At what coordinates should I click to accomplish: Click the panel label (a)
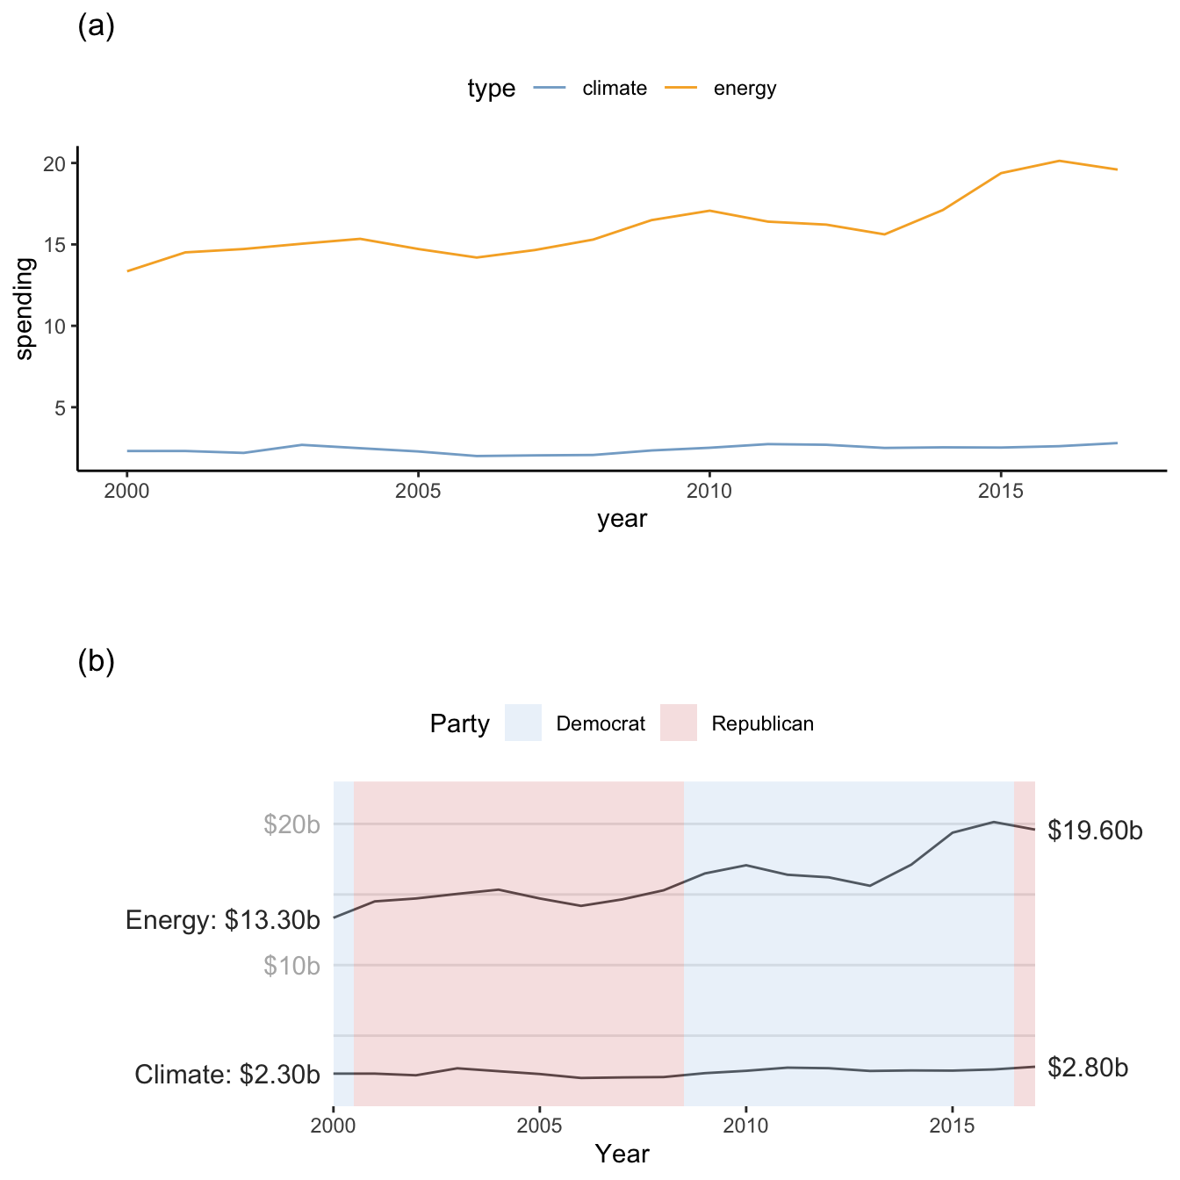click(97, 27)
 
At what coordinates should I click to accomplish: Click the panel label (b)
click(97, 662)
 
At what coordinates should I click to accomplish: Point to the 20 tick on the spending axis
click(55, 164)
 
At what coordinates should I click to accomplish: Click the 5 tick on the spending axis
click(60, 408)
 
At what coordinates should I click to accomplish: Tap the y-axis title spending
click(25, 308)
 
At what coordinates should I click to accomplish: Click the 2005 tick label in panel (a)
click(418, 492)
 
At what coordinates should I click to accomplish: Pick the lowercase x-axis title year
click(622, 519)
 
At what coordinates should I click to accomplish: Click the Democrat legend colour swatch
click(523, 723)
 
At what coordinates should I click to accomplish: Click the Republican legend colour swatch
click(679, 723)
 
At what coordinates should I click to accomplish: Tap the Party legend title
click(459, 724)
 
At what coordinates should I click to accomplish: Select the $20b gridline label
click(291, 824)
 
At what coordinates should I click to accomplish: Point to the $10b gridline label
click(291, 966)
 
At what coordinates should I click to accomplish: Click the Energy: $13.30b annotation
click(223, 920)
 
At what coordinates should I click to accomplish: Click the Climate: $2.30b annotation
click(227, 1075)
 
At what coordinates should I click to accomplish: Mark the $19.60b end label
click(1095, 831)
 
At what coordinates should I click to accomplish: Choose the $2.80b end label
click(1088, 1068)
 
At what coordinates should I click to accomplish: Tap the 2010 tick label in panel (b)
click(745, 1126)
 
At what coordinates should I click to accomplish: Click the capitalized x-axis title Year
click(622, 1154)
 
